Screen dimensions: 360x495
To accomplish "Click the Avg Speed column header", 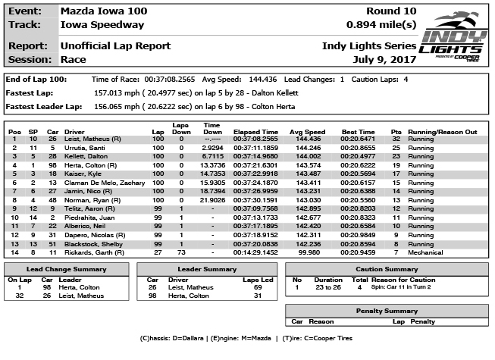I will point(306,132).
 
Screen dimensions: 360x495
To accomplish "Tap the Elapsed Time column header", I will point(254,132).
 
